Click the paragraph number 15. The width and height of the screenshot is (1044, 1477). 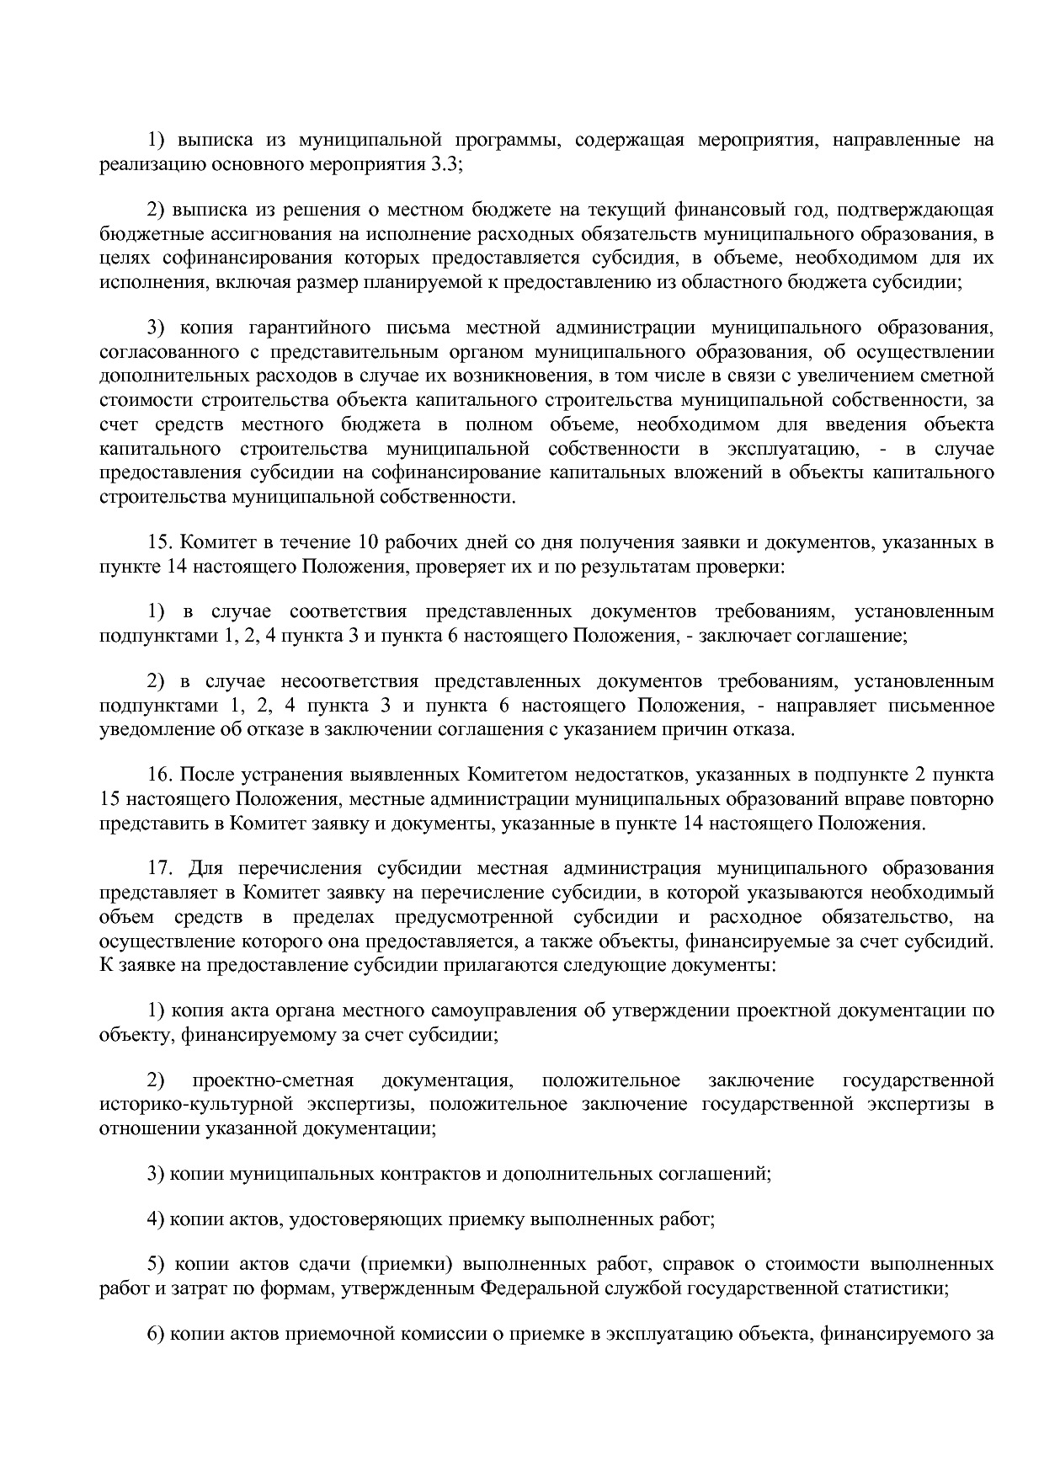click(x=159, y=541)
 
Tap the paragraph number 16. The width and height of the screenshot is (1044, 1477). click(x=159, y=773)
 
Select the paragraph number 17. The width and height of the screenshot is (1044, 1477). click(x=159, y=867)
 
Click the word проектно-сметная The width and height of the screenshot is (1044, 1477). click(x=273, y=1080)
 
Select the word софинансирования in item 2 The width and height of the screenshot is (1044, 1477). click(x=224, y=257)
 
